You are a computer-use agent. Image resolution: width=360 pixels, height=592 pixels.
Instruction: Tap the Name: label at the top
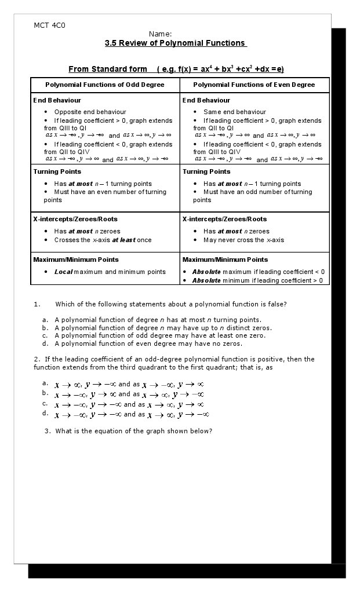(160, 34)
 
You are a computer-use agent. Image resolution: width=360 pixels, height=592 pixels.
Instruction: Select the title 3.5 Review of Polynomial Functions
(175, 43)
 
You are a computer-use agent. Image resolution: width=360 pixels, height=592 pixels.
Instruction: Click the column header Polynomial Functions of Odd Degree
(105, 85)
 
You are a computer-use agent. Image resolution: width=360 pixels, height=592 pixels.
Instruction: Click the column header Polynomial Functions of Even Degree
(254, 85)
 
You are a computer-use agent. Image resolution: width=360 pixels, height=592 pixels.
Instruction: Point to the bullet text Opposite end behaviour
(90, 112)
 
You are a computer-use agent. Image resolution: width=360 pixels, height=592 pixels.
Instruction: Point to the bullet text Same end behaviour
(234, 112)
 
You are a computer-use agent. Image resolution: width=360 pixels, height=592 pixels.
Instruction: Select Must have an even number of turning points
(104, 196)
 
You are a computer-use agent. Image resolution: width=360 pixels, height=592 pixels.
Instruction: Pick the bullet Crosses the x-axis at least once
(103, 240)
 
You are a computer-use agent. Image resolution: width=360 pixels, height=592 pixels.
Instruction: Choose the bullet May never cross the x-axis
(243, 240)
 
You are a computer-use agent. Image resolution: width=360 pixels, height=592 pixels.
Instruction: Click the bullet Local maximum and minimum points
(110, 272)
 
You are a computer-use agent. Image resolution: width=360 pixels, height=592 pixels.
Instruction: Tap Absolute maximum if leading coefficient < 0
(258, 272)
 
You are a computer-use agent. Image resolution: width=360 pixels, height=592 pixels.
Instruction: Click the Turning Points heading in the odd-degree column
(57, 171)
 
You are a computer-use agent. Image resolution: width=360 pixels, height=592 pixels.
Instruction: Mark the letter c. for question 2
(45, 403)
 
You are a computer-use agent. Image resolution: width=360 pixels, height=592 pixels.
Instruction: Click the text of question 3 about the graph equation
(133, 431)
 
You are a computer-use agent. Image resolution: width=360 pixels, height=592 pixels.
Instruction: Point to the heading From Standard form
(108, 70)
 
